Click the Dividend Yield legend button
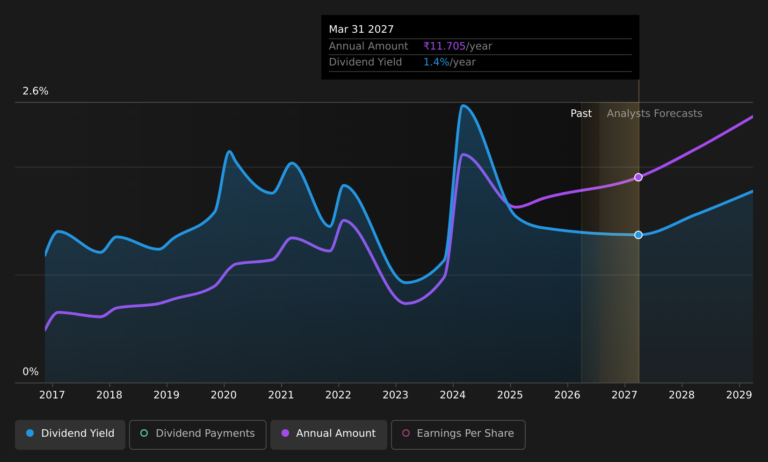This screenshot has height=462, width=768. click(x=70, y=434)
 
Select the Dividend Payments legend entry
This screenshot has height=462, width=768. click(x=198, y=434)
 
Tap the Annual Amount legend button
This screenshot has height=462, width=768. click(x=329, y=434)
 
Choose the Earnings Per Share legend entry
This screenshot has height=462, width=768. click(x=458, y=434)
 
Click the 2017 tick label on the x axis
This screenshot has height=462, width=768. click(x=52, y=395)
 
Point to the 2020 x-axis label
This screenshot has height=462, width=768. click(x=224, y=395)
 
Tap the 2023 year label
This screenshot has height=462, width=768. click(x=395, y=395)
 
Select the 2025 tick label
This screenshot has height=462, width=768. click(x=510, y=395)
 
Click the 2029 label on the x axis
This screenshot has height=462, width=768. click(x=739, y=395)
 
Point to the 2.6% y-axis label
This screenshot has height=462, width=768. click(x=36, y=91)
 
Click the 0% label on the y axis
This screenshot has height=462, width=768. click(x=30, y=372)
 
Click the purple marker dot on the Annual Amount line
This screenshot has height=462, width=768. click(x=638, y=177)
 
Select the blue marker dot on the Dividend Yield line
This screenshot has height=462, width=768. click(x=638, y=235)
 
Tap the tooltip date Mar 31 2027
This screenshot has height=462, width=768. click(x=362, y=29)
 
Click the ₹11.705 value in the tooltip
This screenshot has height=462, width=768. click(x=444, y=46)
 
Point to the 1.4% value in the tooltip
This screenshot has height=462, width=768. click(x=436, y=62)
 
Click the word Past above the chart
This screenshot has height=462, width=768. click(x=581, y=114)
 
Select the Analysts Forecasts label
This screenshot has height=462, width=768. click(x=654, y=114)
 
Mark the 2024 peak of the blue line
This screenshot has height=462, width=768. click(x=463, y=106)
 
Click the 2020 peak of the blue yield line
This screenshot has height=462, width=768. click(x=229, y=151)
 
